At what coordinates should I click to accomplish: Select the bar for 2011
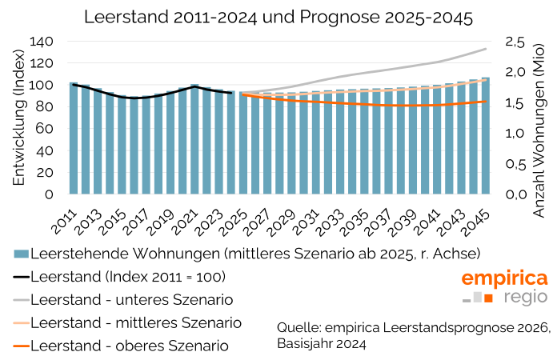(x=74, y=138)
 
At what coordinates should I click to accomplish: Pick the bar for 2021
(x=194, y=138)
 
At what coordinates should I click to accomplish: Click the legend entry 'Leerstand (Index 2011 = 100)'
(x=128, y=278)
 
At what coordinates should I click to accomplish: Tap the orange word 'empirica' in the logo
(x=504, y=278)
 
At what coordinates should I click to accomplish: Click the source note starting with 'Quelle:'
(x=414, y=335)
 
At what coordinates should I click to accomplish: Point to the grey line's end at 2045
(x=485, y=49)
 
